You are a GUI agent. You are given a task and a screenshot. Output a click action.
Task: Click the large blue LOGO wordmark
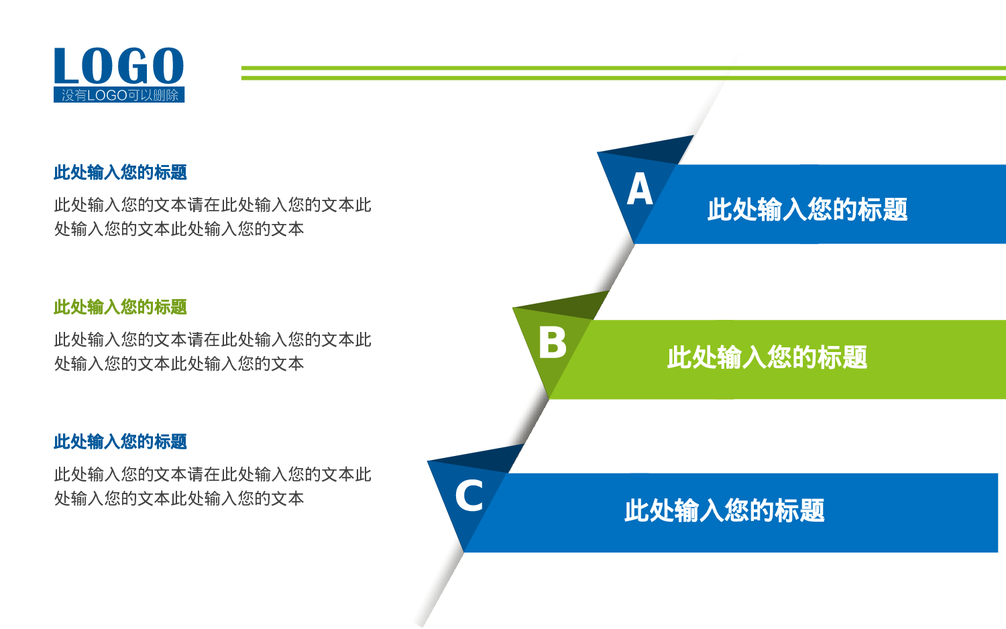(x=119, y=66)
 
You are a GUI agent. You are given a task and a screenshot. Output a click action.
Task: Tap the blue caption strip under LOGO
(x=119, y=95)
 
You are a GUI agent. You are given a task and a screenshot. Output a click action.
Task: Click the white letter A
(x=640, y=189)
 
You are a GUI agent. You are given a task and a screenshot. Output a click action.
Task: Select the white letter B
(x=553, y=343)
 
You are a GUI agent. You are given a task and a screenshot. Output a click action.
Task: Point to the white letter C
(x=469, y=496)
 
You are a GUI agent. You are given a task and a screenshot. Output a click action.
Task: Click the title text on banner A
(x=807, y=209)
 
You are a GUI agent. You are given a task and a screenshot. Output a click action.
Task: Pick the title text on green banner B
(x=767, y=357)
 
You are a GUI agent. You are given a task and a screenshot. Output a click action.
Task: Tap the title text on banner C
(x=724, y=511)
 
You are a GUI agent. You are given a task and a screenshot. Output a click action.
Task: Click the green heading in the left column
(x=120, y=307)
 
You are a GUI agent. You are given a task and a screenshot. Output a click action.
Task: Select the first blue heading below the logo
(x=120, y=172)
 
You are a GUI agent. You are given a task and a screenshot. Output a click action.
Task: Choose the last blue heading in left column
(x=120, y=442)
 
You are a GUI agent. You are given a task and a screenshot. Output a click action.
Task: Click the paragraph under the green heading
(x=212, y=351)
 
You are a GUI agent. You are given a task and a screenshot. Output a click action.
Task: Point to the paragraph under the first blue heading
(x=212, y=217)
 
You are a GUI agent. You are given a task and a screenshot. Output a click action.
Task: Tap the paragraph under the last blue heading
(x=212, y=486)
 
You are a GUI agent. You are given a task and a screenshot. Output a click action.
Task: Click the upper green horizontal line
(x=624, y=68)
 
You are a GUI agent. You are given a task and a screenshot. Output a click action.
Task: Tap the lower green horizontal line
(x=624, y=78)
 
